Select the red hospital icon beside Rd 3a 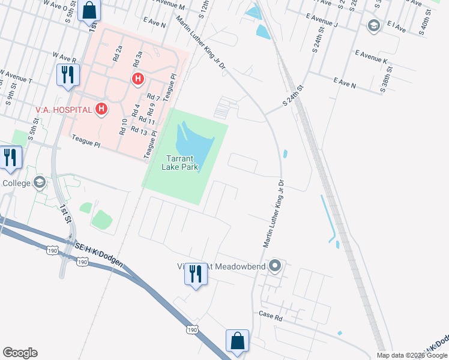click(138, 79)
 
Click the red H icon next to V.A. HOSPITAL click(102, 110)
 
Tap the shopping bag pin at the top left click(89, 10)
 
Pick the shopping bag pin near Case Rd click(237, 340)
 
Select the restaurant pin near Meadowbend click(195, 274)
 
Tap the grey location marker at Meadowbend click(276, 265)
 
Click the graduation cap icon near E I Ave click(374, 25)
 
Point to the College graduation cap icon click(40, 182)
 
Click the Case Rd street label click(270, 315)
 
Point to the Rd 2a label click(118, 55)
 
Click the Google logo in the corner click(20, 353)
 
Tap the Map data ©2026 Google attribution click(412, 355)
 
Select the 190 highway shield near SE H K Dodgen click(82, 262)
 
